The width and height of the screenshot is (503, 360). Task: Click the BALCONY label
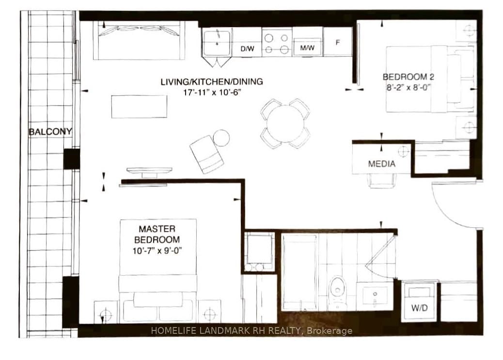coord(50,131)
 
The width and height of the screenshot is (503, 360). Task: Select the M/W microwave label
coord(307,48)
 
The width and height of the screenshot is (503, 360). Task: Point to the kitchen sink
coord(217,43)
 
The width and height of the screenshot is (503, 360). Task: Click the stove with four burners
coord(277,43)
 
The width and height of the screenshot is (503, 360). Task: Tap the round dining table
coord(285,124)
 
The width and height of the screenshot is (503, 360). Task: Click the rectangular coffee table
coord(140,107)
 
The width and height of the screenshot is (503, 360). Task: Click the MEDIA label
coord(381,164)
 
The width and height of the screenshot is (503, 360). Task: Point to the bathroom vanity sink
coord(375,295)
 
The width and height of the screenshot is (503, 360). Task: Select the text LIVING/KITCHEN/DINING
coord(212,81)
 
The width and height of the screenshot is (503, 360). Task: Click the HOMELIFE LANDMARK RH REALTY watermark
coord(251,331)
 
